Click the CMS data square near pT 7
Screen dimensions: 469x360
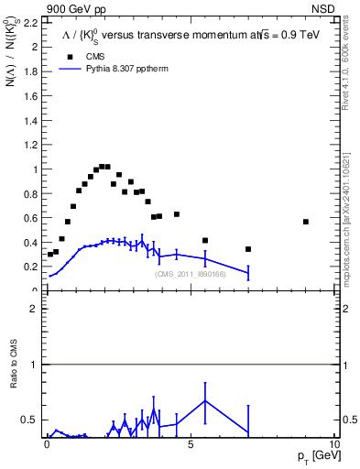pyautogui.click(x=248, y=249)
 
